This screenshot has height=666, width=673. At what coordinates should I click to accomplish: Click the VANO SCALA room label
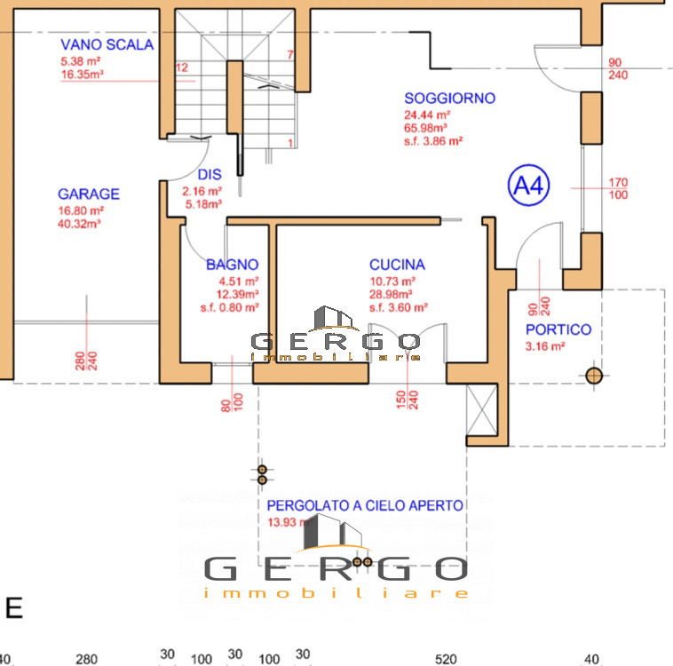point(107,45)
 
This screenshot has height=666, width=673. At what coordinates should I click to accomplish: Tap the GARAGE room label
point(89,194)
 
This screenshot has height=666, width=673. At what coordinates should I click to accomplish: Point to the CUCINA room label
point(397,265)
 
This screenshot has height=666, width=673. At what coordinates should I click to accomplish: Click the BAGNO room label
point(232,265)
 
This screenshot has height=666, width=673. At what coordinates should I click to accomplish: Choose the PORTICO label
point(558,329)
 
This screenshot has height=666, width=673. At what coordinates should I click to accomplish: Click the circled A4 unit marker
point(529,186)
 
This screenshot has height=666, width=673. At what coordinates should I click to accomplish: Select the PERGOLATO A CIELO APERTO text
point(365,505)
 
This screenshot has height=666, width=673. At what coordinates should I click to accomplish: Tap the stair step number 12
point(182,67)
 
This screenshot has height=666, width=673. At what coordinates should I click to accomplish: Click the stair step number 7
point(290,55)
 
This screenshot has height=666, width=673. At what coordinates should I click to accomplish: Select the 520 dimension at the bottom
point(446,659)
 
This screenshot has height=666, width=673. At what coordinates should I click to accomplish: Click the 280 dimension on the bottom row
point(86,659)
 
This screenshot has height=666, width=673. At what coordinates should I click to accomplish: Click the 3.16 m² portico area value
point(545,346)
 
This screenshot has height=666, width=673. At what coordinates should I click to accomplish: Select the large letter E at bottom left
point(14,608)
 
